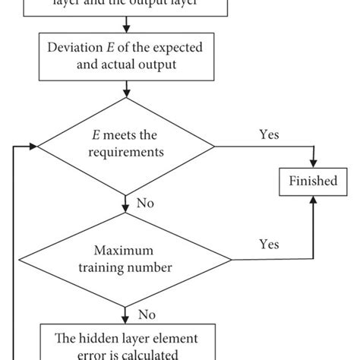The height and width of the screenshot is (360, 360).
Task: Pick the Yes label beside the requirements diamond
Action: (269, 135)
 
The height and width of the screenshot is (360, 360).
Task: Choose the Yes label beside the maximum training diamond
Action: (269, 245)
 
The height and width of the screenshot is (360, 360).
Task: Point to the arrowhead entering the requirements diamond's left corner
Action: (33, 146)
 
